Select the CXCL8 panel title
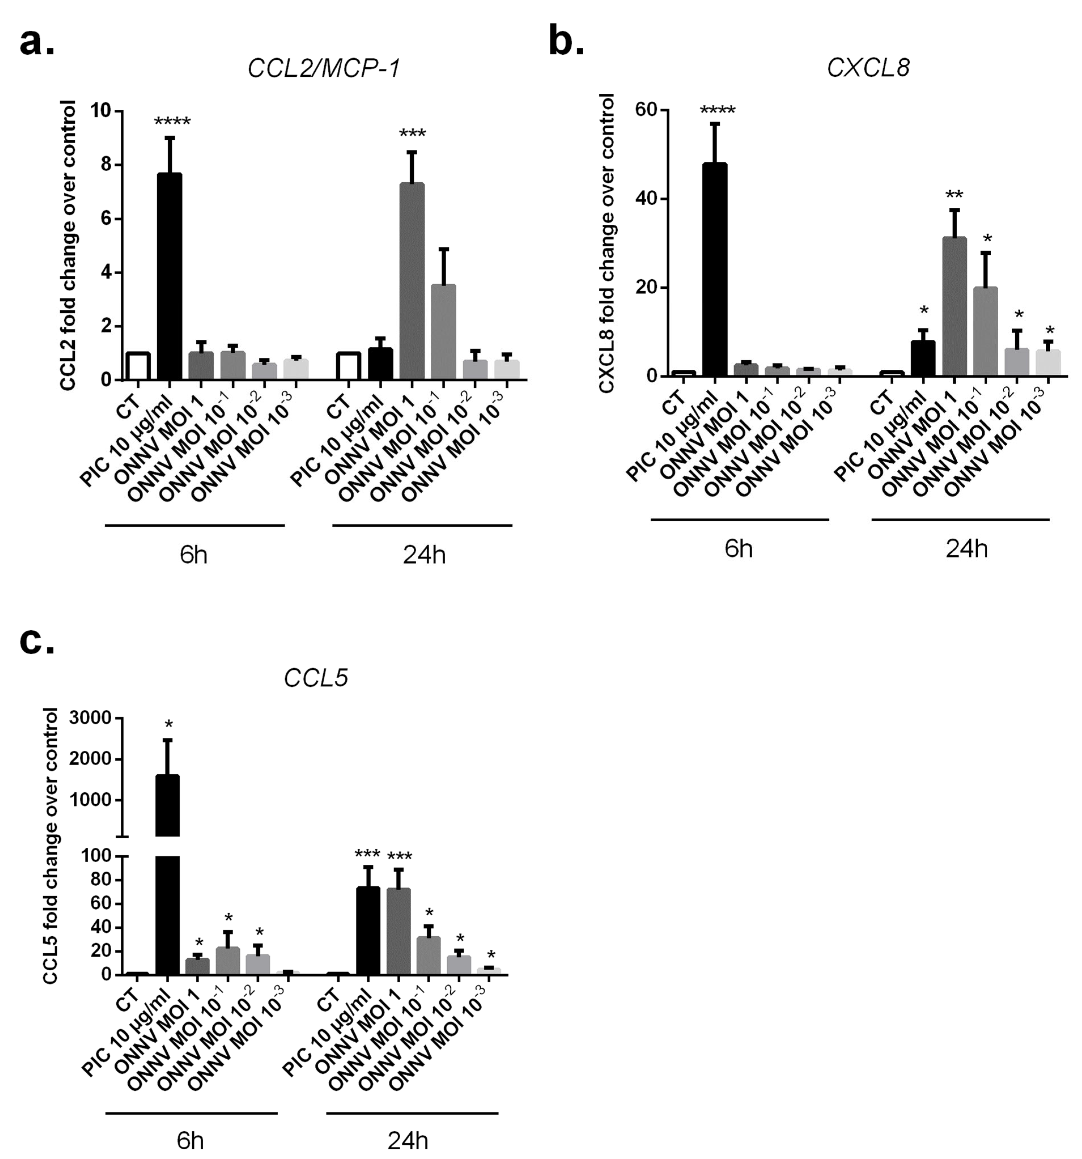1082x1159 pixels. point(868,68)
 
